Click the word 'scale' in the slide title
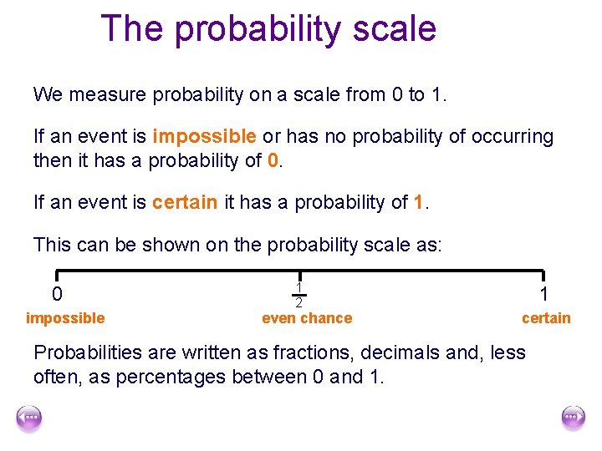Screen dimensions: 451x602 pos(394,28)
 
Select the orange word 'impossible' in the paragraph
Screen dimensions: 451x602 pos(205,136)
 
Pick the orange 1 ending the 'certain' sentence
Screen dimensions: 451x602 pos(420,201)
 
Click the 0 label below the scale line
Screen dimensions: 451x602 pos(57,295)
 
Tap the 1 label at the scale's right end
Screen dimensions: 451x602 pos(544,295)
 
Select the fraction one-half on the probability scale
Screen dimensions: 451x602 pos(298,295)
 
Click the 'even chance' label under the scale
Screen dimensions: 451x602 pos(307,318)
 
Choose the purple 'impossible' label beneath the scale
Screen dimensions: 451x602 pos(65,318)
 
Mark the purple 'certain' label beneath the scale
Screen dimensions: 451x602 pos(546,318)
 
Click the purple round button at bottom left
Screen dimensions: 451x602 pos(28,417)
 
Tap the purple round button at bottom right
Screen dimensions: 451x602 pos(573,417)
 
